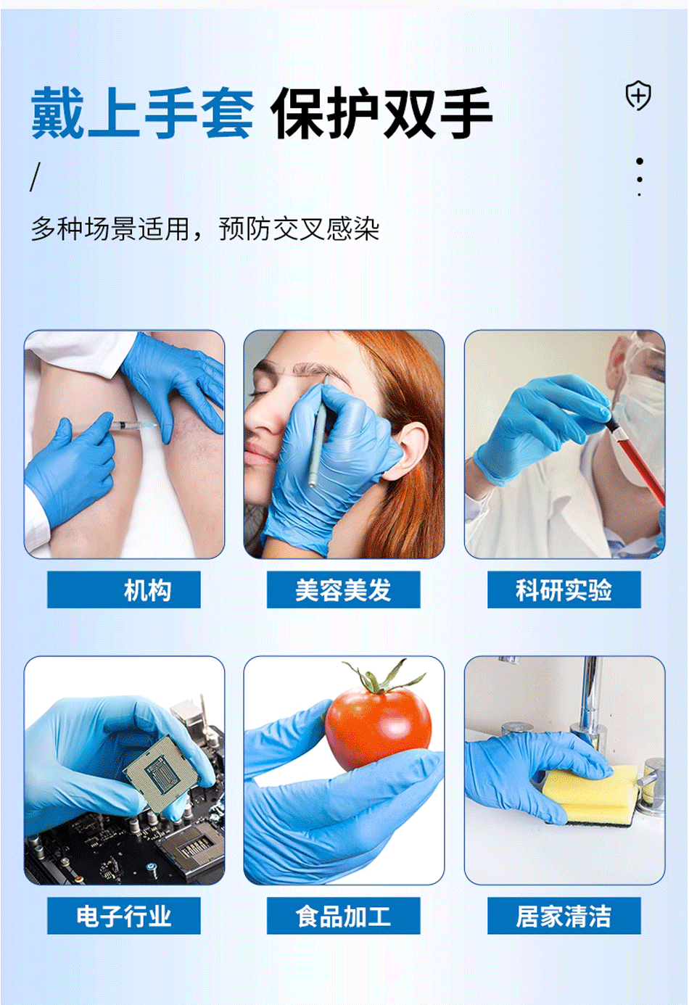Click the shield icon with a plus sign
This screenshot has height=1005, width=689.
click(x=638, y=96)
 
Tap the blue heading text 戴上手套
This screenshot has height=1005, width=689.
click(x=142, y=113)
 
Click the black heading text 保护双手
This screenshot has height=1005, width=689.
click(x=382, y=113)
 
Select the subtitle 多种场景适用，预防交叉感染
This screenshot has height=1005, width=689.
click(x=205, y=229)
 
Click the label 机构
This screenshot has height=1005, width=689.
click(x=147, y=590)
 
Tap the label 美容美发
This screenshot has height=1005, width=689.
click(x=343, y=590)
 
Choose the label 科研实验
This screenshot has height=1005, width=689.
click(x=564, y=590)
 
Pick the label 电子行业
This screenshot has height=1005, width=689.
click(x=124, y=917)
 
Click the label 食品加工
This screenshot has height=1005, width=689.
click(x=343, y=917)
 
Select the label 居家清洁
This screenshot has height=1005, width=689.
click(x=564, y=917)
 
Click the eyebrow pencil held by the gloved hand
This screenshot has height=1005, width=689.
click(x=317, y=442)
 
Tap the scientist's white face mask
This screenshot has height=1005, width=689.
click(x=638, y=421)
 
